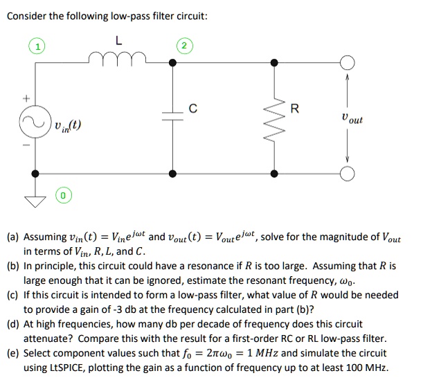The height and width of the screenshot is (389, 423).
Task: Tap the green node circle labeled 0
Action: [62, 197]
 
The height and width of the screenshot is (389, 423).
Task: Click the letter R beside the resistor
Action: [296, 108]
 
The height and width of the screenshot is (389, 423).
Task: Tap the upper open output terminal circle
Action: [345, 63]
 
